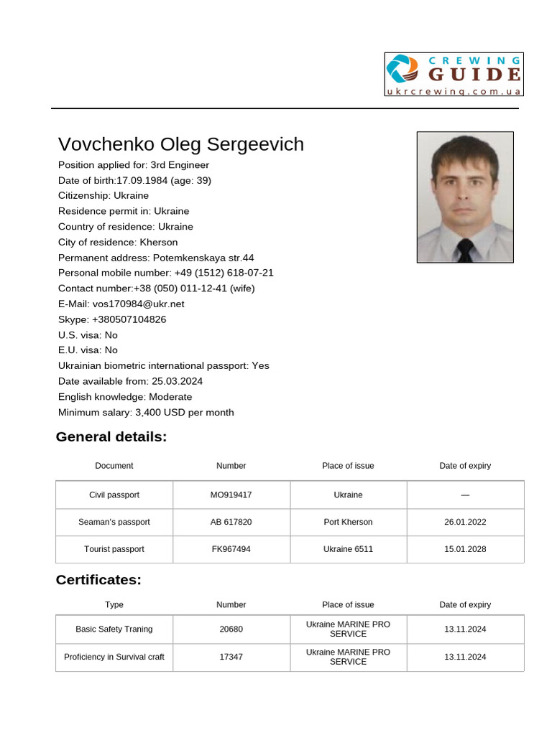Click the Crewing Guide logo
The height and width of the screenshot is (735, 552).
[454, 74]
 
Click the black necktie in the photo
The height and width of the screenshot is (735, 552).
[465, 250]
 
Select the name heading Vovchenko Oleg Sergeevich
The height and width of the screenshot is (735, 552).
[181, 144]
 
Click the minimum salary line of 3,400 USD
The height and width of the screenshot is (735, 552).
[146, 413]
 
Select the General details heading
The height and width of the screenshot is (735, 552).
[111, 437]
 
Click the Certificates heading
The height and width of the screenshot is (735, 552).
[98, 580]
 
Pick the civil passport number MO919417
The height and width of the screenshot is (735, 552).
[231, 495]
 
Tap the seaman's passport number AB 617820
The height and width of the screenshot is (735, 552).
[231, 522]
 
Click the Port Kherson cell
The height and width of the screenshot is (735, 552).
[348, 522]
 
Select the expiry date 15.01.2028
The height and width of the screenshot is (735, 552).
[465, 549]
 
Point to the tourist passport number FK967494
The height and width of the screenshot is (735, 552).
[231, 549]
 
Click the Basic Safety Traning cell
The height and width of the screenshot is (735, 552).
[114, 629]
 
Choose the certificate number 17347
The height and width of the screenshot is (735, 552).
[231, 657]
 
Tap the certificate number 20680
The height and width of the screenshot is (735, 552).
[231, 629]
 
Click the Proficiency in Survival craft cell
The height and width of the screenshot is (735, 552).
[114, 657]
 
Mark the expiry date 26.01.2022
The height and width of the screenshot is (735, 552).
[465, 522]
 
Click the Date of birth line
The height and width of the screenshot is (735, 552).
[134, 180]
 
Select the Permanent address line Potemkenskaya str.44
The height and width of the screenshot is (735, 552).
[156, 258]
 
